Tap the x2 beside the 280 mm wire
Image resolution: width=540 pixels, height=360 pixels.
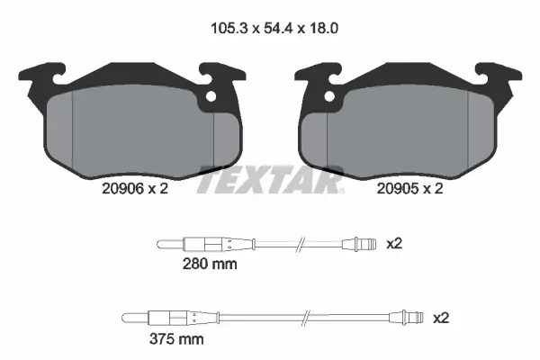[x=393, y=244]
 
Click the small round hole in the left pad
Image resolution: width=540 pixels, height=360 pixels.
[x=212, y=98]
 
